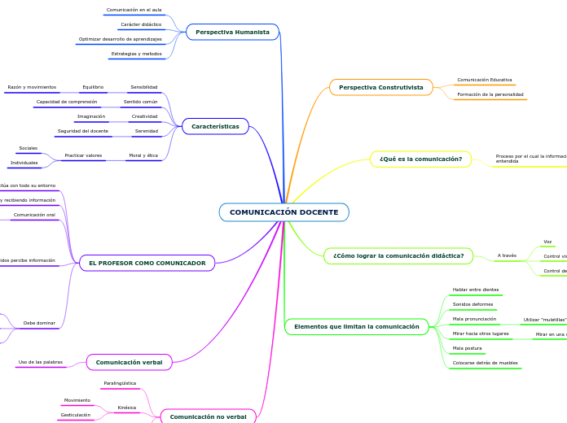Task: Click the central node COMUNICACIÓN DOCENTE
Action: point(283,212)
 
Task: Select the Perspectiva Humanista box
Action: point(232,32)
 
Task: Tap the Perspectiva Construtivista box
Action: point(380,87)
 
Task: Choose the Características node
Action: point(215,126)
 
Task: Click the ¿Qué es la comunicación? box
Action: point(420,159)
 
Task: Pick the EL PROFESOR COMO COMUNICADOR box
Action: point(147,263)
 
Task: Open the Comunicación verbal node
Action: point(129,362)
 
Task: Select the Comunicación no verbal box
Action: point(208,416)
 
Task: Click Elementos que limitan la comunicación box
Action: point(356,326)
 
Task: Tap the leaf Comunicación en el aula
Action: point(134,10)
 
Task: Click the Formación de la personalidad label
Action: point(490,94)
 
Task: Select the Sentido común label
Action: point(140,102)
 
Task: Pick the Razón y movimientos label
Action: point(32,87)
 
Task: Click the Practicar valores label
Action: point(83,155)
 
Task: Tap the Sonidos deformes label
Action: point(472,304)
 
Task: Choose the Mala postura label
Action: point(467,348)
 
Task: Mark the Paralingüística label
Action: point(120,382)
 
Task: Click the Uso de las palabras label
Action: point(41,362)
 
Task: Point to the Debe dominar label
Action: point(39,323)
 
